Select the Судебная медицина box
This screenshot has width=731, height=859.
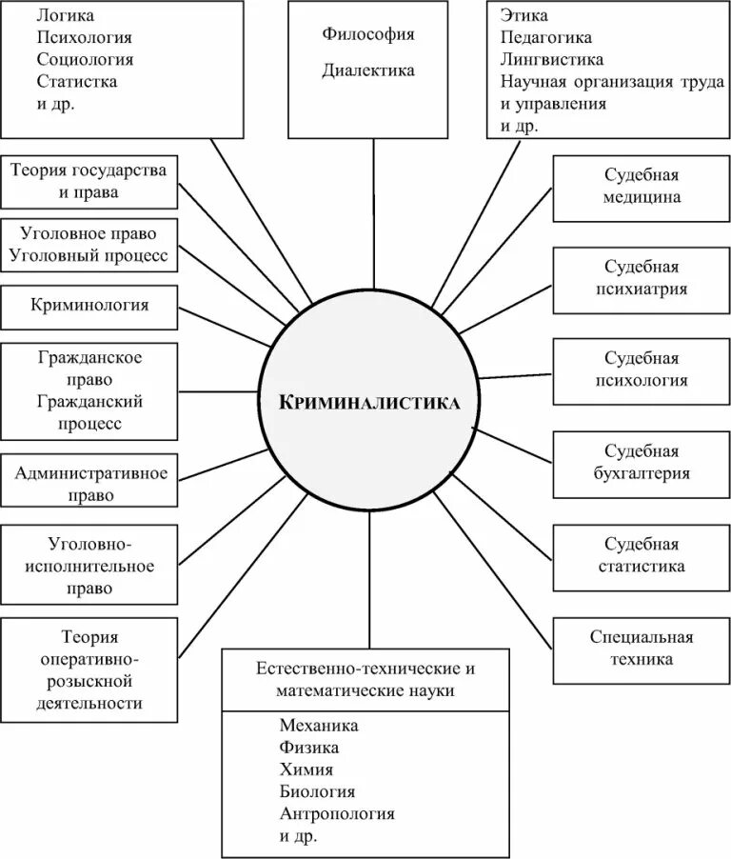pos(641,188)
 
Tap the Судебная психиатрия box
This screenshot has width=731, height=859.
pos(641,279)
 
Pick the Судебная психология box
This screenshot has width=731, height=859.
pos(641,370)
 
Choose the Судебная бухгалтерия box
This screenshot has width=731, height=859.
pos(641,462)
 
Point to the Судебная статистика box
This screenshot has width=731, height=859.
pos(641,555)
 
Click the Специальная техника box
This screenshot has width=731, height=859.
pos(641,649)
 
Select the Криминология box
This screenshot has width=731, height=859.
pos(89,306)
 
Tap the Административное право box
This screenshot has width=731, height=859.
pos(89,484)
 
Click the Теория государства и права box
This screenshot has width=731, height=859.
pos(89,181)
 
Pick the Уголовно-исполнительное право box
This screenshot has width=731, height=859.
pos(89,566)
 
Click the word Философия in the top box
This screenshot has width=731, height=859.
pos(368,34)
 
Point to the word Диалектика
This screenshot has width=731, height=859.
pos(368,70)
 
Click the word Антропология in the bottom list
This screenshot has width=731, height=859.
pos(337,814)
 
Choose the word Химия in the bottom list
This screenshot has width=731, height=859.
pos(306,769)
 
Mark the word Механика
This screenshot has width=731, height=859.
pos(319,726)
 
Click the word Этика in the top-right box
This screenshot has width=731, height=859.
pos(524,16)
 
